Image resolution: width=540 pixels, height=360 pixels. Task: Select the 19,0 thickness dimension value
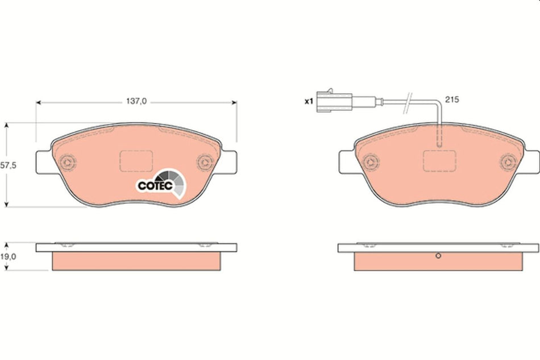pos(7,256)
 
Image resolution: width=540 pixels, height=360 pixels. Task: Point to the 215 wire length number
pos(452,99)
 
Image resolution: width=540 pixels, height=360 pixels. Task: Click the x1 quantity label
pos(309,101)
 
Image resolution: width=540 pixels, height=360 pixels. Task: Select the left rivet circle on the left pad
pos(69,162)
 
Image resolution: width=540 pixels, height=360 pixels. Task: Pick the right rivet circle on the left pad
pos(203,163)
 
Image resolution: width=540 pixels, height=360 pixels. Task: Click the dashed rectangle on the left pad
pos(136,160)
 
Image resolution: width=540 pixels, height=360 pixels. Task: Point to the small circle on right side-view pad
pos(438,256)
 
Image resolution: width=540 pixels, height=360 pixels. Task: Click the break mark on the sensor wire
pos(407,102)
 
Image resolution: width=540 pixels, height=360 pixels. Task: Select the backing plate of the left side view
pos(136,248)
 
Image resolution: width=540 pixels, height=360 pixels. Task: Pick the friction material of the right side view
pos(438,262)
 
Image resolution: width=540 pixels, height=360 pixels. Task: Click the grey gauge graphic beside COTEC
pos(174,182)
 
